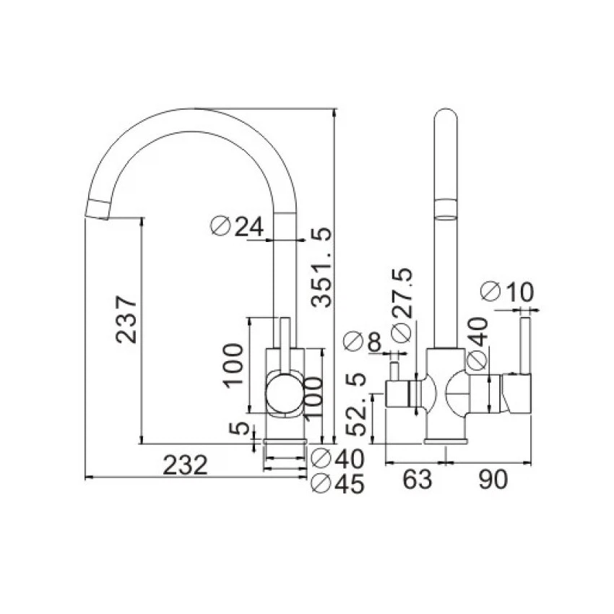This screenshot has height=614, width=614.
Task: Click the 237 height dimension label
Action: pyautogui.click(x=126, y=320)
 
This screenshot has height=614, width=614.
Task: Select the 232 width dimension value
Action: pyautogui.click(x=185, y=465)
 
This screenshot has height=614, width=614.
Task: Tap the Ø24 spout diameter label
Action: pyautogui.click(x=237, y=226)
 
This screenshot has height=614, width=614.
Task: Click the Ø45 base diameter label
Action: pyautogui.click(x=337, y=484)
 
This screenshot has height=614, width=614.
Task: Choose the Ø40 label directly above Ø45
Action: pyautogui.click(x=337, y=459)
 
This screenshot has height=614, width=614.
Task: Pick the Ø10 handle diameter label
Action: pyautogui.click(x=507, y=292)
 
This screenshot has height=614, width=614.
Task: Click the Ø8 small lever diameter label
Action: pyautogui.click(x=362, y=342)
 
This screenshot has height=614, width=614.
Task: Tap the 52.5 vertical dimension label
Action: pyautogui.click(x=357, y=405)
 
